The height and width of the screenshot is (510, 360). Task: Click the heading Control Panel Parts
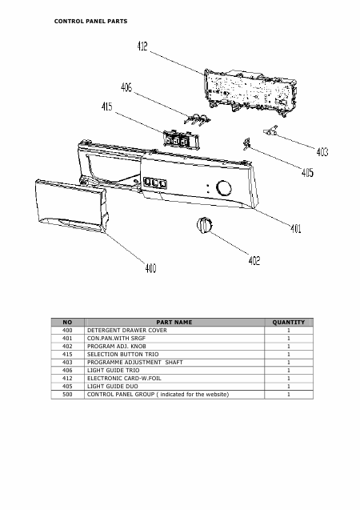90,22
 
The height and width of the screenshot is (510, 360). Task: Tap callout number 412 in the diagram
142,46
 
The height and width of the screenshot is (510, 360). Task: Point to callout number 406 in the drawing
126,87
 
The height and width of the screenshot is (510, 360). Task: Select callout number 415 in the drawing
107,106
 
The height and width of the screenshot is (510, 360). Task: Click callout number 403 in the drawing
322,151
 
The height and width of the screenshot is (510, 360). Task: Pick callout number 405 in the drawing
307,172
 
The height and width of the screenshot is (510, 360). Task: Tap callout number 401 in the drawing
296,229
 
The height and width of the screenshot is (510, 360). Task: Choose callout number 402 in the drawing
254,260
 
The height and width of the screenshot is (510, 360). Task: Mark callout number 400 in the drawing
150,268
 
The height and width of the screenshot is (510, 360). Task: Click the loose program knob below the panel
205,225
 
